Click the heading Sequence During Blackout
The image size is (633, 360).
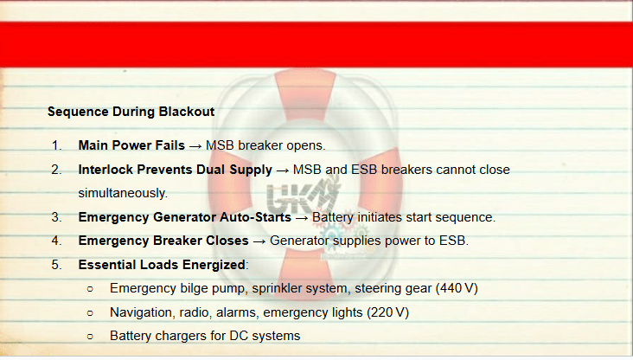[x=131, y=112]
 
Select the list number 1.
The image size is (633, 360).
[x=56, y=145]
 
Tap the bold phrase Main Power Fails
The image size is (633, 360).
[x=131, y=145]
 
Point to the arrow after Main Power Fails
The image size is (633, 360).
[x=195, y=146]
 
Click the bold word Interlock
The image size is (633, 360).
[x=105, y=170]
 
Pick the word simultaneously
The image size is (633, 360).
[x=123, y=193]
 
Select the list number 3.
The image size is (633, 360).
[x=56, y=217]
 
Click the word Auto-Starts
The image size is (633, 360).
[x=255, y=217]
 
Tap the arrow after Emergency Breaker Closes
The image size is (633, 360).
[x=259, y=241]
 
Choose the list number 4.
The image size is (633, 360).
[x=56, y=241]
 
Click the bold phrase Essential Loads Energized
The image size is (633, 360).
[x=162, y=265]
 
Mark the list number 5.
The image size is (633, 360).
[x=56, y=265]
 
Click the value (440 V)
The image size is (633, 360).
[x=457, y=288]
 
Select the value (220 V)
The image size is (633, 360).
[x=387, y=312]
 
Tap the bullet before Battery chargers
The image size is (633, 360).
[x=90, y=336]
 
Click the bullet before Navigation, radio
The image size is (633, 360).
[x=90, y=312]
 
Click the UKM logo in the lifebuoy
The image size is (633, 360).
[x=303, y=197]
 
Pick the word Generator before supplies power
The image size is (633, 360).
[x=296, y=241]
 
